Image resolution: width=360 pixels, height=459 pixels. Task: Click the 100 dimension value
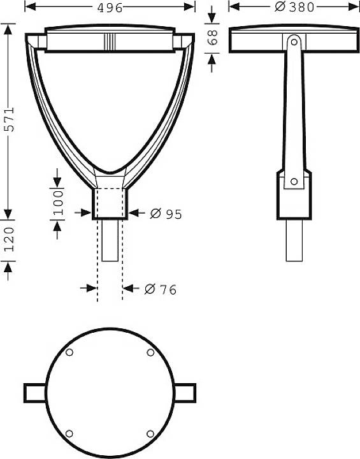coord(57,201)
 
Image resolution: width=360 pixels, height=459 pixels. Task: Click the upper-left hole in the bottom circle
coord(69,353)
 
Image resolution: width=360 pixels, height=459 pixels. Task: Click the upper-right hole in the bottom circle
coord(150,353)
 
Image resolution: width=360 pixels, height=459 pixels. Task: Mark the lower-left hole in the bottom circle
coord(69,433)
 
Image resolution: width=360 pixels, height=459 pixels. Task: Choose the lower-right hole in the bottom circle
coord(150,433)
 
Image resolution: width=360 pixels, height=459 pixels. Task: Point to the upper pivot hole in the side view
coord(294,41)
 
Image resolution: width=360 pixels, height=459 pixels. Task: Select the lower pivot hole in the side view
coord(294,182)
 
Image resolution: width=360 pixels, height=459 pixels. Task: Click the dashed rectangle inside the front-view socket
coord(110,203)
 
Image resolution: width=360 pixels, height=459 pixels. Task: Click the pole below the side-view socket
coord(294,240)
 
